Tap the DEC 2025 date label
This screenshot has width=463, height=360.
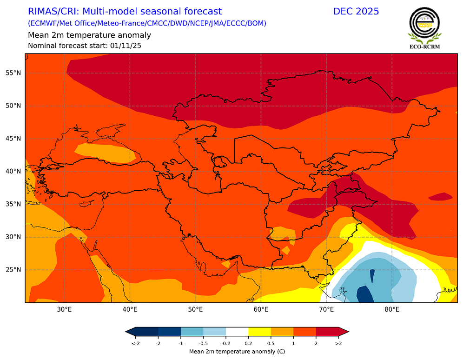[x=356, y=11]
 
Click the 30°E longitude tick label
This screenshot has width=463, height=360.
[x=64, y=309]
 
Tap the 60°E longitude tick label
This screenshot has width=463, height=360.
[x=261, y=309]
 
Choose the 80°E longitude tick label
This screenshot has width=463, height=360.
[x=392, y=309]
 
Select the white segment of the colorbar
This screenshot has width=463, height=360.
[x=237, y=331]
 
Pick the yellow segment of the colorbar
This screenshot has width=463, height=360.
[x=259, y=331]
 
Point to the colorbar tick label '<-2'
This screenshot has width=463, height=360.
[x=135, y=343]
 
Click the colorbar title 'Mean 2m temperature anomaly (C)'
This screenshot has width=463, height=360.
[x=237, y=352]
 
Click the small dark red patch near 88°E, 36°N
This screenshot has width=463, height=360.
[x=440, y=197]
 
